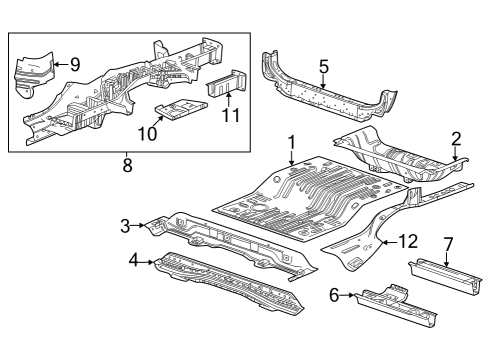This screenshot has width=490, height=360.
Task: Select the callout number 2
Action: (x=456, y=139)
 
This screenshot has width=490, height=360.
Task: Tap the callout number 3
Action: (x=126, y=226)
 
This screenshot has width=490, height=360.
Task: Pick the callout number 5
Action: (x=323, y=68)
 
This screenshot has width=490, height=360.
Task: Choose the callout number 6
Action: (x=335, y=294)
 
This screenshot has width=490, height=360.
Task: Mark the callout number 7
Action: (x=449, y=243)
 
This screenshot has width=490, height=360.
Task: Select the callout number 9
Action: (x=75, y=65)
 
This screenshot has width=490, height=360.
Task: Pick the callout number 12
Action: (x=406, y=240)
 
